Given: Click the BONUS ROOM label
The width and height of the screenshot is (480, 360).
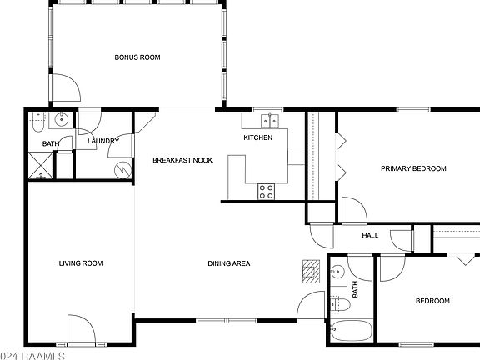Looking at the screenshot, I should point(137,57).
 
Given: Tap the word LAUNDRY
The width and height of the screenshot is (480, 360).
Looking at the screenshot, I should point(103,141).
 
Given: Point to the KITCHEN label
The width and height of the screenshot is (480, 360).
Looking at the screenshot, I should point(257,137).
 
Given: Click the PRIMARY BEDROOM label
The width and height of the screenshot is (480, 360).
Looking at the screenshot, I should point(413,168).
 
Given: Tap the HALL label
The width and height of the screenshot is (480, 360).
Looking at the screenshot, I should point(370,235).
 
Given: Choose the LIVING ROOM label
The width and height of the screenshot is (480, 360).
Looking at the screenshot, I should point(81,263).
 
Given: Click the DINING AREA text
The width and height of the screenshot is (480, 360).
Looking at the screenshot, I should point(229,263).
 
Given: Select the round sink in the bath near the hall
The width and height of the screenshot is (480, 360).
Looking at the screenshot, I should point(339,272).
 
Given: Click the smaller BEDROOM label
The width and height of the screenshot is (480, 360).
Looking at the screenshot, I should point(432,301).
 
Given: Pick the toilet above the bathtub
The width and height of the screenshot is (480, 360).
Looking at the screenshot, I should point(337,302).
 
